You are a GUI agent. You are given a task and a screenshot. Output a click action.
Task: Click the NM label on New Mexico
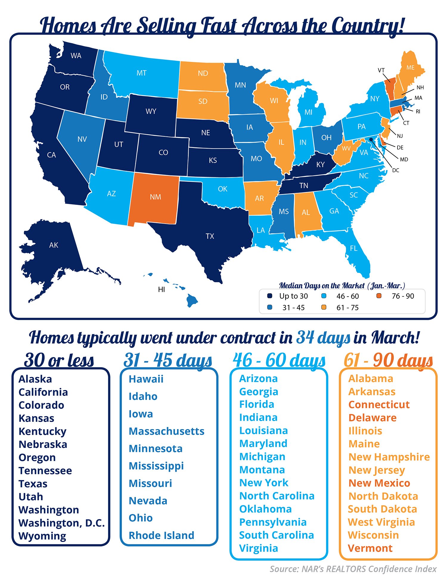(x=156, y=197)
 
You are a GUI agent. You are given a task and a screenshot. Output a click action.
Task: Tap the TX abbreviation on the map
(x=210, y=236)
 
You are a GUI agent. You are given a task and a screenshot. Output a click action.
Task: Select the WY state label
(x=151, y=111)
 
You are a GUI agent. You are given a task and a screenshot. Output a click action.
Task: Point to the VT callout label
(x=381, y=70)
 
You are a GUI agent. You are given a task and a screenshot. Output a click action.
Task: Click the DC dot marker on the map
(x=371, y=139)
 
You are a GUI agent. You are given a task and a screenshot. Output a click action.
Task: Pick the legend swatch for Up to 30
(x=270, y=296)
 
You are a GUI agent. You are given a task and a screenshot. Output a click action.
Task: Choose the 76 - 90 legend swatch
(x=379, y=296)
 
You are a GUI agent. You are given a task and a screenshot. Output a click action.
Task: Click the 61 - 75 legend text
(x=347, y=308)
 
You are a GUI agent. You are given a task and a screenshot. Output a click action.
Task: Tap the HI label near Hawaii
(x=162, y=289)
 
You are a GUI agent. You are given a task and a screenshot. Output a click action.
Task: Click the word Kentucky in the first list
(x=42, y=431)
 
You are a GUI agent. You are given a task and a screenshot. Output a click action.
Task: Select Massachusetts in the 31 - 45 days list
(x=166, y=431)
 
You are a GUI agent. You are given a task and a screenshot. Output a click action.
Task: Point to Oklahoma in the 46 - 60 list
(x=265, y=509)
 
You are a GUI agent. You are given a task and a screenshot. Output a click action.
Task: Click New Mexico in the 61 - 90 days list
(x=379, y=483)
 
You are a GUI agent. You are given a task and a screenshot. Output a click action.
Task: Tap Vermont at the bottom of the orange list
(x=370, y=548)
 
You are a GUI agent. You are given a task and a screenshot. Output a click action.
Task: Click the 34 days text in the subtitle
(x=323, y=338)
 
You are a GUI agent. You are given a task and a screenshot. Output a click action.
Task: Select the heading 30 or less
(x=59, y=360)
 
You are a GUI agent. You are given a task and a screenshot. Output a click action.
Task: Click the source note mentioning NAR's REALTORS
(x=353, y=569)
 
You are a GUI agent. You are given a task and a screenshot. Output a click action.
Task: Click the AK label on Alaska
(x=54, y=245)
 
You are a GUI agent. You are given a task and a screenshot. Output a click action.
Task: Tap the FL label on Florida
(x=353, y=248)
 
